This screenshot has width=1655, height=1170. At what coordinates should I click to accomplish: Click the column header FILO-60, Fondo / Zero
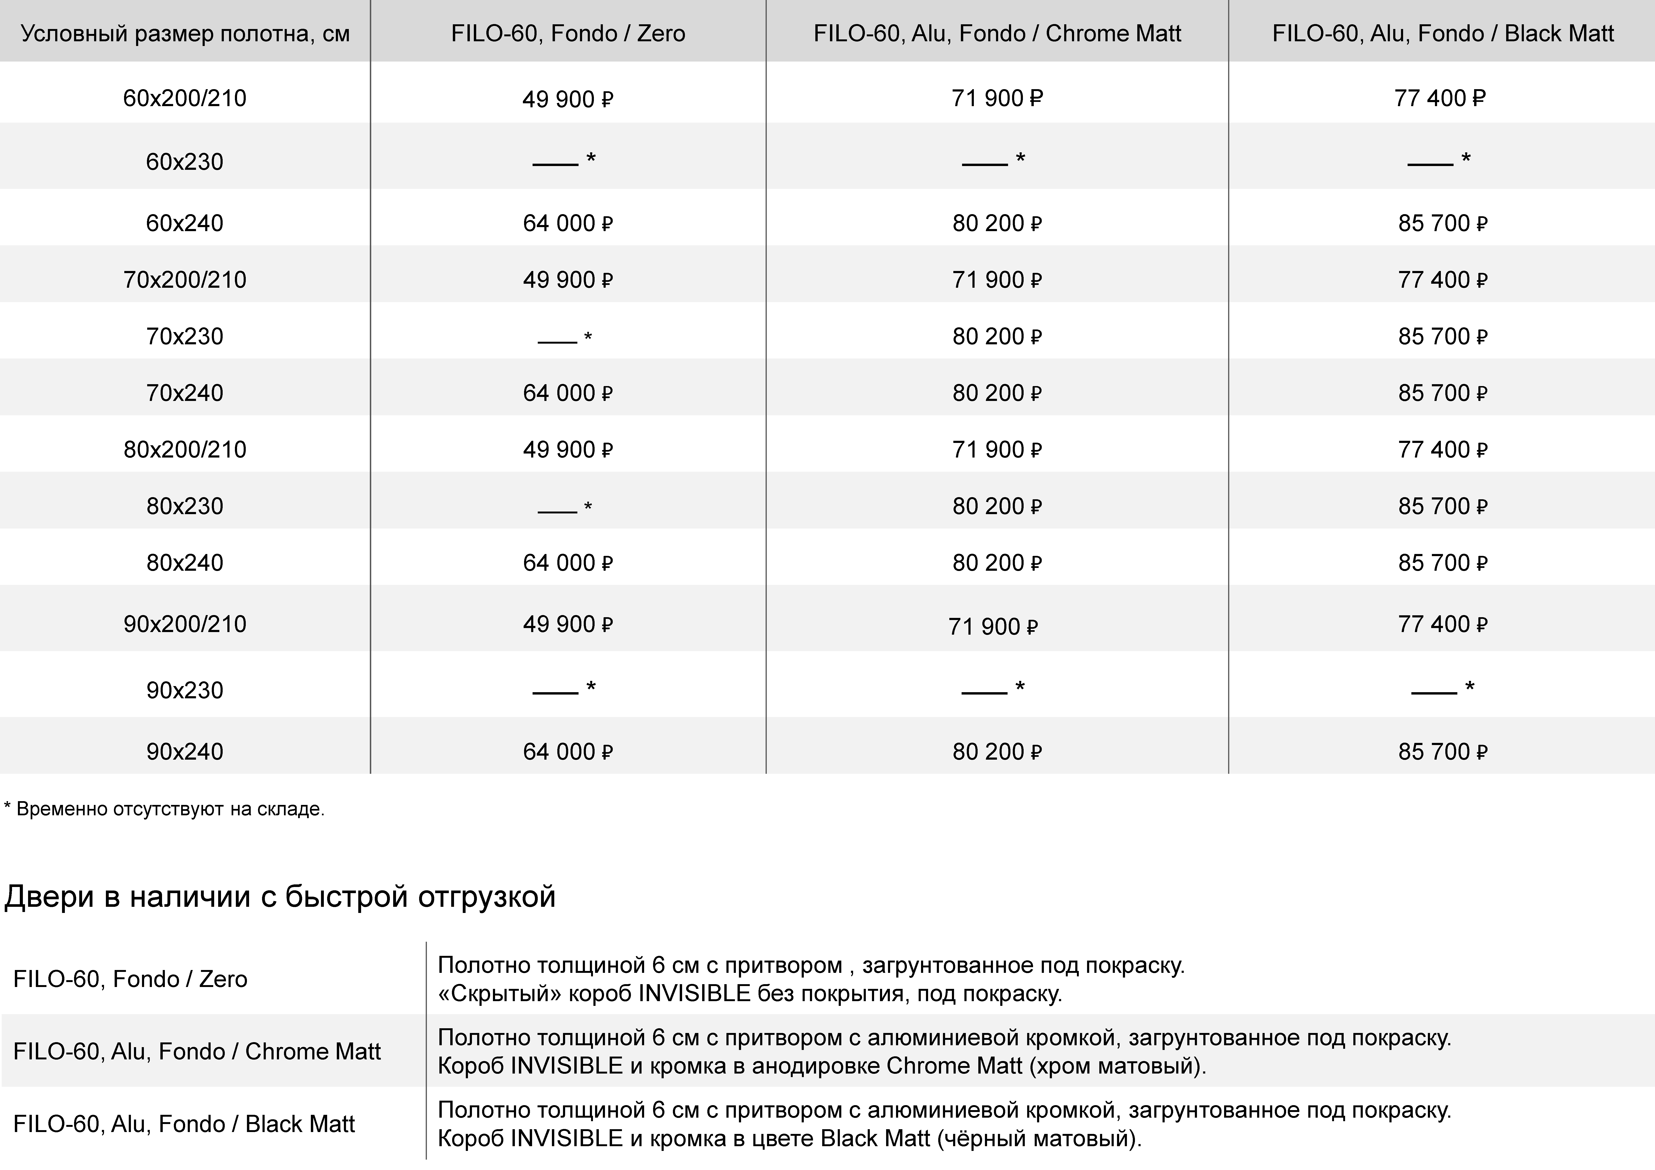pyautogui.click(x=568, y=33)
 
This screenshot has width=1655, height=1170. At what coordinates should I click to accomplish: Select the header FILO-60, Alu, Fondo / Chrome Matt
pyautogui.click(x=997, y=33)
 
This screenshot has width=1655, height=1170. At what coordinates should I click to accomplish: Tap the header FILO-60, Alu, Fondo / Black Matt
pyautogui.click(x=1442, y=33)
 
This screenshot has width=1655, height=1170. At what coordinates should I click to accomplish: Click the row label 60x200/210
pyautogui.click(x=184, y=98)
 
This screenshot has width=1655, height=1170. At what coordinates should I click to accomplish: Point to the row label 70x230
pyautogui.click(x=184, y=337)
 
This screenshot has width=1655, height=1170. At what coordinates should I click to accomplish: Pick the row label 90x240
pyautogui.click(x=184, y=752)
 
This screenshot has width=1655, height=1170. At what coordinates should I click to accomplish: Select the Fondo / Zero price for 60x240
pyautogui.click(x=567, y=224)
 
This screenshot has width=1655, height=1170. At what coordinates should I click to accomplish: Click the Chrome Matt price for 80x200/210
pyautogui.click(x=997, y=450)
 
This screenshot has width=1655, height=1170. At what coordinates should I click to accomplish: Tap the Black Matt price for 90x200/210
pyautogui.click(x=1442, y=624)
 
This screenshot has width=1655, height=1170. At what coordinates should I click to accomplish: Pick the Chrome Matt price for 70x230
pyautogui.click(x=997, y=337)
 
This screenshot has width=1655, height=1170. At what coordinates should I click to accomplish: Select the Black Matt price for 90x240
pyautogui.click(x=1442, y=752)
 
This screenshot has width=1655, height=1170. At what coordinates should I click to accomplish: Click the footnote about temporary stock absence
pyautogui.click(x=164, y=809)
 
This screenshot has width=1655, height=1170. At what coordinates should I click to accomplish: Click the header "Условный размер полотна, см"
pyautogui.click(x=184, y=33)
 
